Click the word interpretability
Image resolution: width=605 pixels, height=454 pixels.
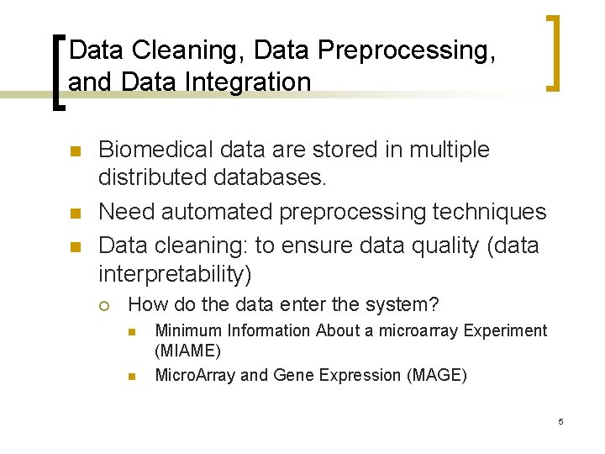pyautogui.click(x=174, y=274)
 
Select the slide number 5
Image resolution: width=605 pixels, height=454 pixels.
pyautogui.click(x=560, y=420)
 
